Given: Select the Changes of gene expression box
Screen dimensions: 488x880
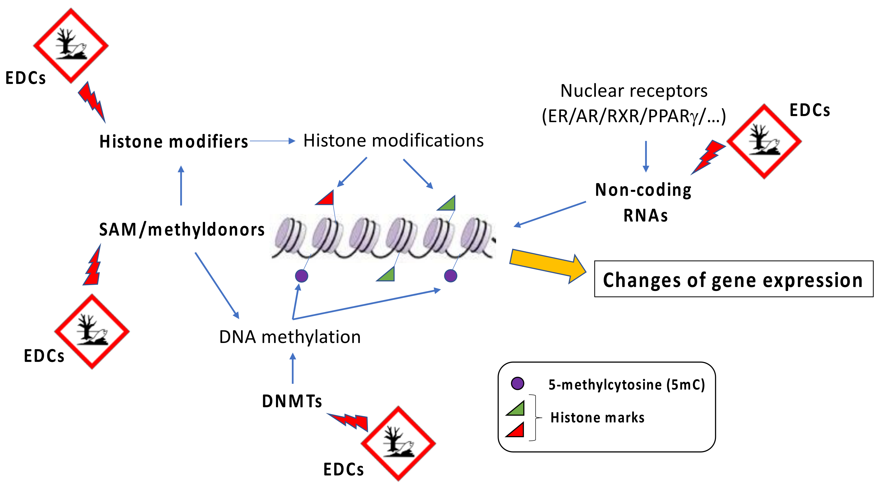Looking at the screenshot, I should click(733, 279).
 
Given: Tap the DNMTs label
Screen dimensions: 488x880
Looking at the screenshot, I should click(291, 401).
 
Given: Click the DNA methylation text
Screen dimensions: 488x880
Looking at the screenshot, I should click(290, 337).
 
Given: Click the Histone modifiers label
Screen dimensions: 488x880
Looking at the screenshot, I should click(173, 141).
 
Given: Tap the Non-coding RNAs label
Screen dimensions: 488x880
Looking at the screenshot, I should click(643, 202).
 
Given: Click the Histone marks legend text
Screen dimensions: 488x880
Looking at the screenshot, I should click(597, 418).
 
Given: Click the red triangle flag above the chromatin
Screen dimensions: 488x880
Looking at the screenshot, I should click(326, 199).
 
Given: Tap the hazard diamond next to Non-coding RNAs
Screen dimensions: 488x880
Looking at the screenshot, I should click(764, 141).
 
